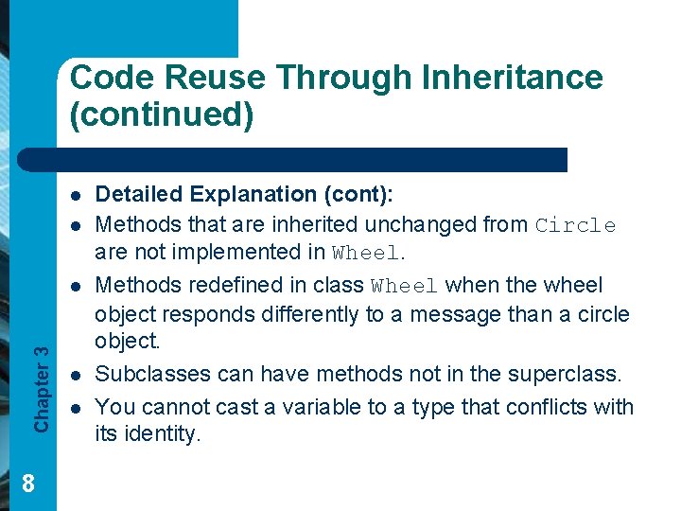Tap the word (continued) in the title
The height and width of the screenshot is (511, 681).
[162, 115]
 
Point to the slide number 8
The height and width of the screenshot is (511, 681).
[28, 484]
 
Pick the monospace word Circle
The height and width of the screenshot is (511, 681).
[575, 225]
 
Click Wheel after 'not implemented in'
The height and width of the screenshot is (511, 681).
[367, 253]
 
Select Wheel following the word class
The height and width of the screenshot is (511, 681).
[405, 286]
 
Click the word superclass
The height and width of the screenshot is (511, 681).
[565, 374]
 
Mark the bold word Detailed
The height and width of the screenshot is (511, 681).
[142, 195]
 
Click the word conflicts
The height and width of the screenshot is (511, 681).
[559, 407]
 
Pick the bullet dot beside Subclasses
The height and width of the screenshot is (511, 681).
[73, 375]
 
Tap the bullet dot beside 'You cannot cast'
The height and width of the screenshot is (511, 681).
[73, 408]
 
